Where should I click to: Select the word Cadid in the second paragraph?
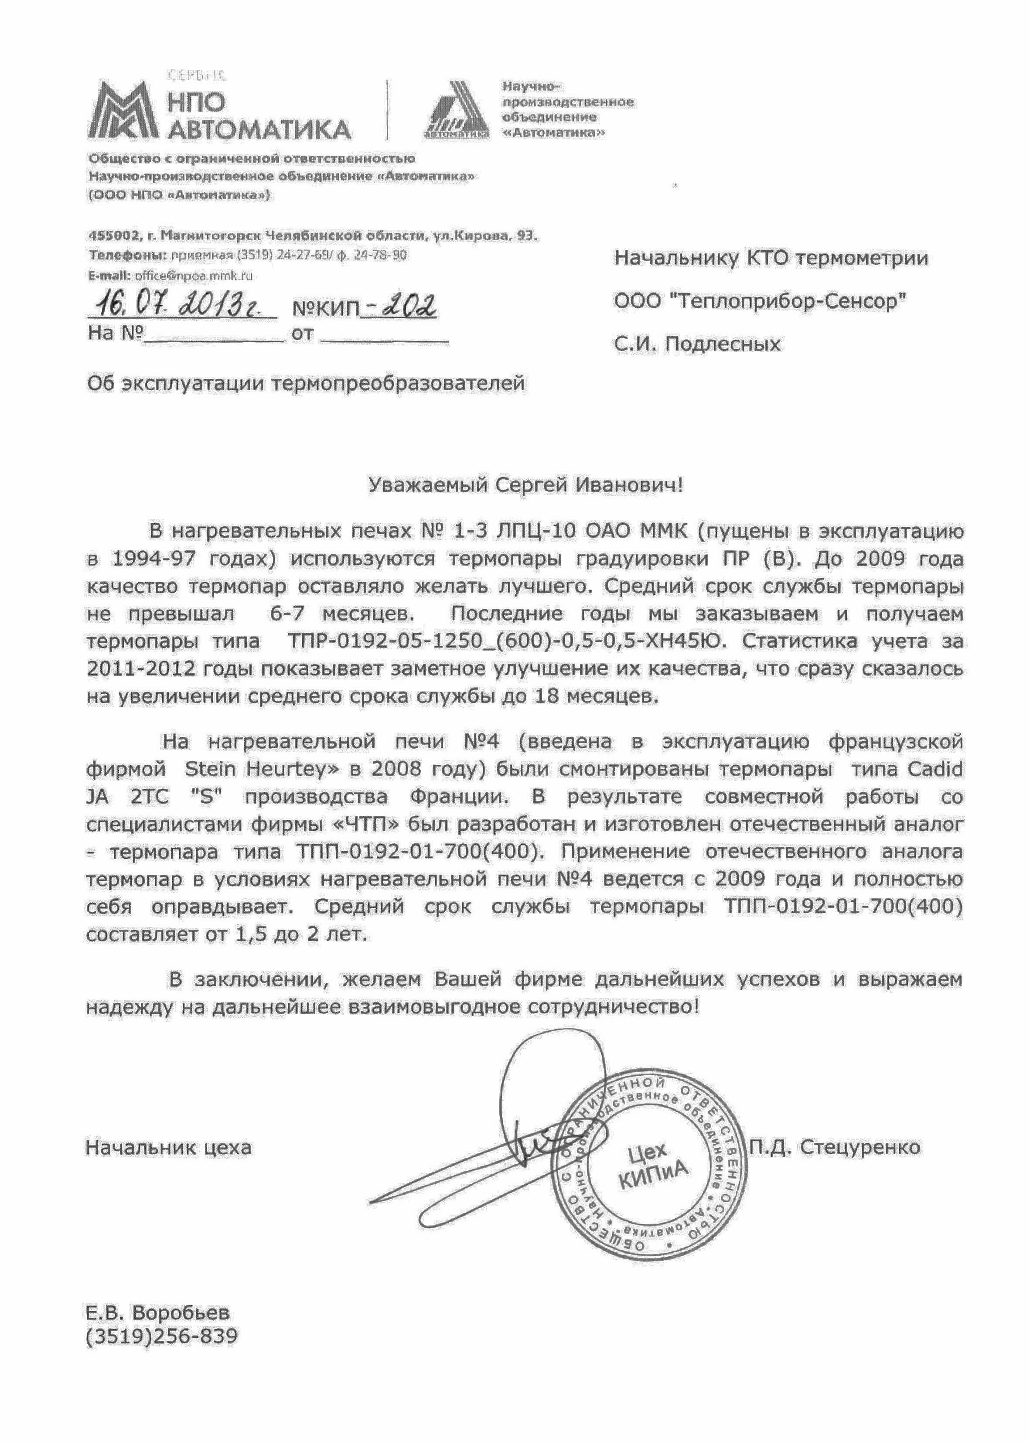click(935, 769)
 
